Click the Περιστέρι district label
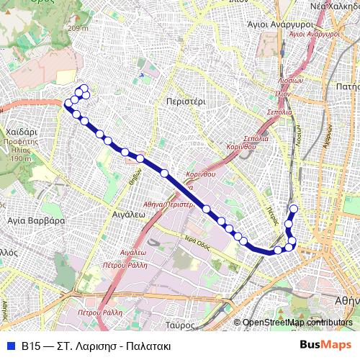click(x=185, y=102)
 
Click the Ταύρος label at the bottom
click(x=185, y=325)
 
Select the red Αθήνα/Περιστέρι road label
click(x=170, y=204)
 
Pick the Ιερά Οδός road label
click(x=196, y=241)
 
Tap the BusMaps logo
click(x=325, y=345)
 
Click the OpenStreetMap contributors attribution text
click(x=297, y=323)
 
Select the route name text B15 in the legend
click(x=30, y=346)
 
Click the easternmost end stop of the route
click(x=293, y=209)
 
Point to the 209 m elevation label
click(x=78, y=28)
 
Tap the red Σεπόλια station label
click(x=279, y=113)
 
